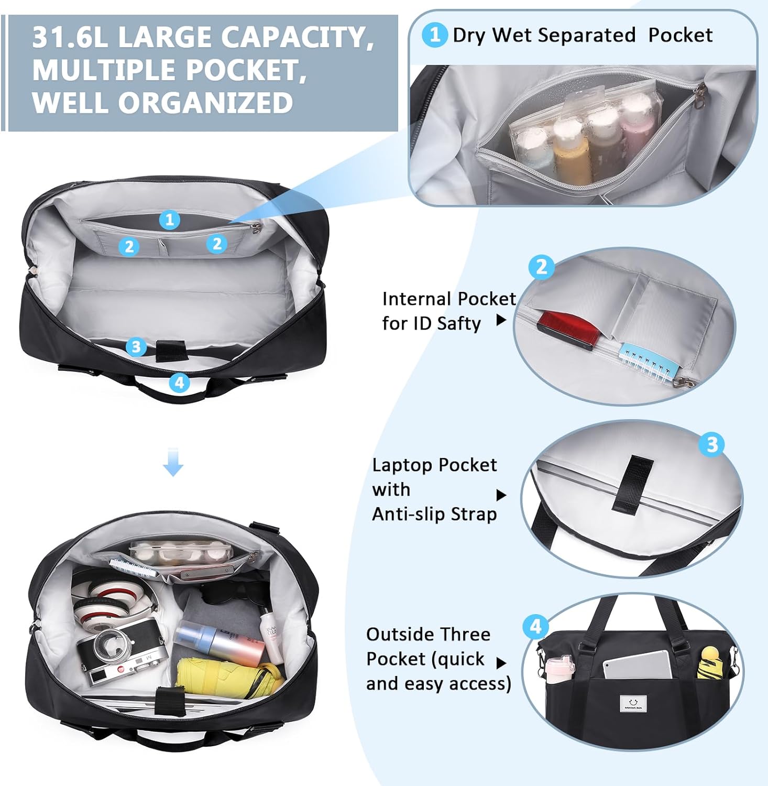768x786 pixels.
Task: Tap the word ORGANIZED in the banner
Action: (x=205, y=103)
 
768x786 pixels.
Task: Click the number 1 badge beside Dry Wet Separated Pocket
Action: (x=434, y=35)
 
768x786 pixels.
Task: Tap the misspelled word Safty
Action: (x=458, y=324)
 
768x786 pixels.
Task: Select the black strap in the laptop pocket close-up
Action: (x=632, y=483)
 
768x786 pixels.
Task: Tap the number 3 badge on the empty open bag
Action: (x=136, y=346)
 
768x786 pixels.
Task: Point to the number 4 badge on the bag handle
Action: (x=180, y=383)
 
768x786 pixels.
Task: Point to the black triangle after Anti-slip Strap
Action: (x=501, y=495)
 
